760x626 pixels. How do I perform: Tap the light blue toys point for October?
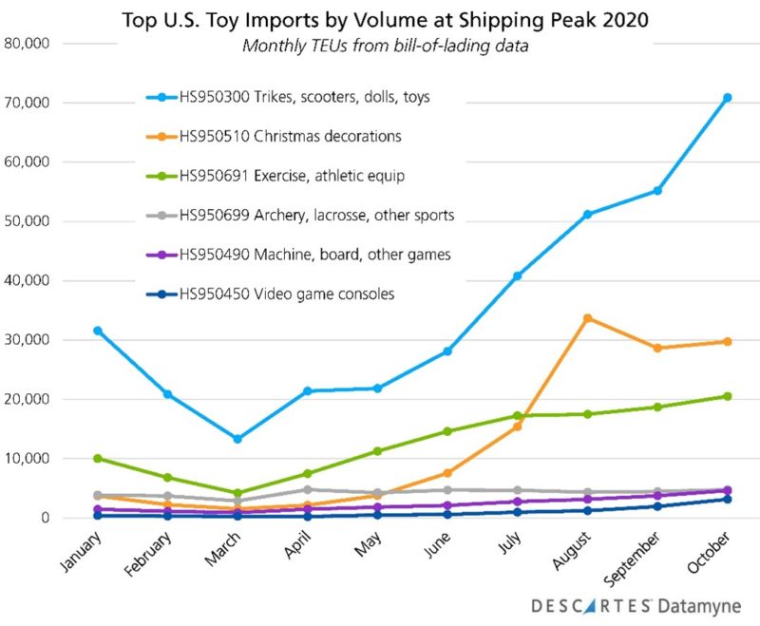pyautogui.click(x=727, y=98)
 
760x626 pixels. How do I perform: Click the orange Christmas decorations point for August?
pyautogui.click(x=588, y=317)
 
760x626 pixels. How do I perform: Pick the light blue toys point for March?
pyautogui.click(x=237, y=439)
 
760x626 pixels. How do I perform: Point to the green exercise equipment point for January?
pyautogui.click(x=98, y=458)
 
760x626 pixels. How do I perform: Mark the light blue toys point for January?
pyautogui.click(x=98, y=331)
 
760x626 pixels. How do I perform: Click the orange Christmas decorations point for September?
pyautogui.click(x=657, y=348)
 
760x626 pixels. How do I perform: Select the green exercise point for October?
pyautogui.click(x=727, y=396)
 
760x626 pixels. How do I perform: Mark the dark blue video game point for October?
pyautogui.click(x=727, y=499)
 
